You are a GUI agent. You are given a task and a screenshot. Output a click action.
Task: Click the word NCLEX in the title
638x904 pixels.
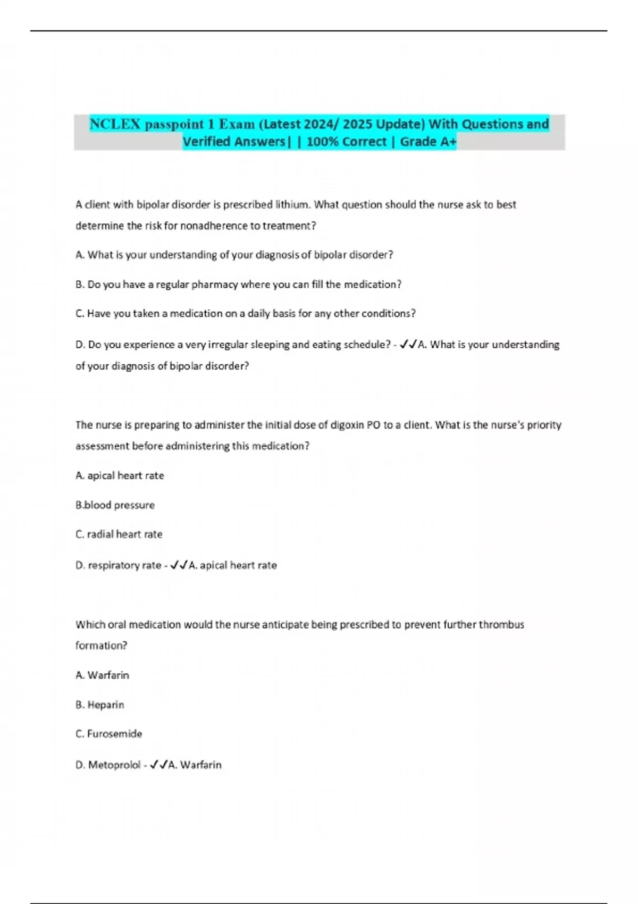click(115, 124)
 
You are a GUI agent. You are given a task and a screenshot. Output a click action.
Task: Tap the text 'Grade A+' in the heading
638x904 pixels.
click(428, 142)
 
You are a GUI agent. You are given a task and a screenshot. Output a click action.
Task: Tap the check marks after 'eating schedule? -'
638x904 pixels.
click(408, 345)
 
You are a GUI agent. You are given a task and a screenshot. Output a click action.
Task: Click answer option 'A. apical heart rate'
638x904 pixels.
click(120, 475)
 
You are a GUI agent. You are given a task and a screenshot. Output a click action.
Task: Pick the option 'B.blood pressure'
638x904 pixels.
click(115, 505)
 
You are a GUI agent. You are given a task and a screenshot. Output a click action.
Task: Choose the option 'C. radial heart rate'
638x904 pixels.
click(119, 534)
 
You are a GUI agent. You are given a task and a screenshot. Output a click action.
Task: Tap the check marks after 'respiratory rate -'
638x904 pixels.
click(179, 565)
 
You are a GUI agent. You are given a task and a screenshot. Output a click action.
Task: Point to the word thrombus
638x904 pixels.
click(501, 624)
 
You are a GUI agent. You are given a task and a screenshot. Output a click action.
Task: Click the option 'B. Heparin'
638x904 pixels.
click(100, 705)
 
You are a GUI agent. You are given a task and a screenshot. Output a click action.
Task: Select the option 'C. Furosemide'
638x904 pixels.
click(108, 734)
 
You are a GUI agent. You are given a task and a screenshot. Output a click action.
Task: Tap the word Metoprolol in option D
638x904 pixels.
click(114, 765)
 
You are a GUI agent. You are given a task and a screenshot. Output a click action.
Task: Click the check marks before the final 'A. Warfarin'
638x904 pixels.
click(158, 765)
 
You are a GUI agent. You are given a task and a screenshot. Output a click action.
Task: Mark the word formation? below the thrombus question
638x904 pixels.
click(101, 646)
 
